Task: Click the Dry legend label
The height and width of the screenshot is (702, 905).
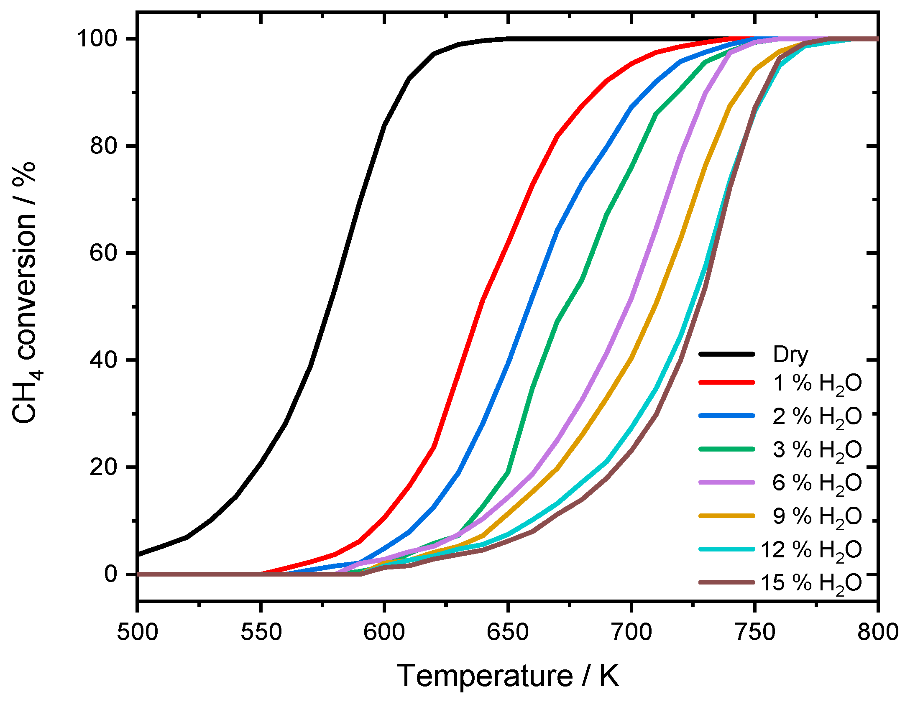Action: point(790,355)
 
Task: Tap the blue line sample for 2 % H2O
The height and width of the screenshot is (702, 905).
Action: point(727,416)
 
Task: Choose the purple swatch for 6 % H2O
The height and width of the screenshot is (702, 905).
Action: point(727,482)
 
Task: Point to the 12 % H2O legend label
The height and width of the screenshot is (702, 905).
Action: point(811,549)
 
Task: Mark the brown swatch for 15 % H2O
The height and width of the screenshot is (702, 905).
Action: point(727,582)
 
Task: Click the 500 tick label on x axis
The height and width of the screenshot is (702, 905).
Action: point(138,632)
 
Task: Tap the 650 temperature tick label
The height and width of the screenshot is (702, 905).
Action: point(508,632)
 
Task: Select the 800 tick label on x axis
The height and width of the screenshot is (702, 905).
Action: point(877,632)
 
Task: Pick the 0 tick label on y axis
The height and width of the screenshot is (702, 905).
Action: point(111,574)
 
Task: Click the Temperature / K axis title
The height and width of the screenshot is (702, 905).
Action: point(507,676)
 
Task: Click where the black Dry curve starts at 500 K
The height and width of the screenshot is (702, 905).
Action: point(139,554)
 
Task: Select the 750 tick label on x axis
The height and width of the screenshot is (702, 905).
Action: point(754,632)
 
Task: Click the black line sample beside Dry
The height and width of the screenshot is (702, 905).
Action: point(727,354)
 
